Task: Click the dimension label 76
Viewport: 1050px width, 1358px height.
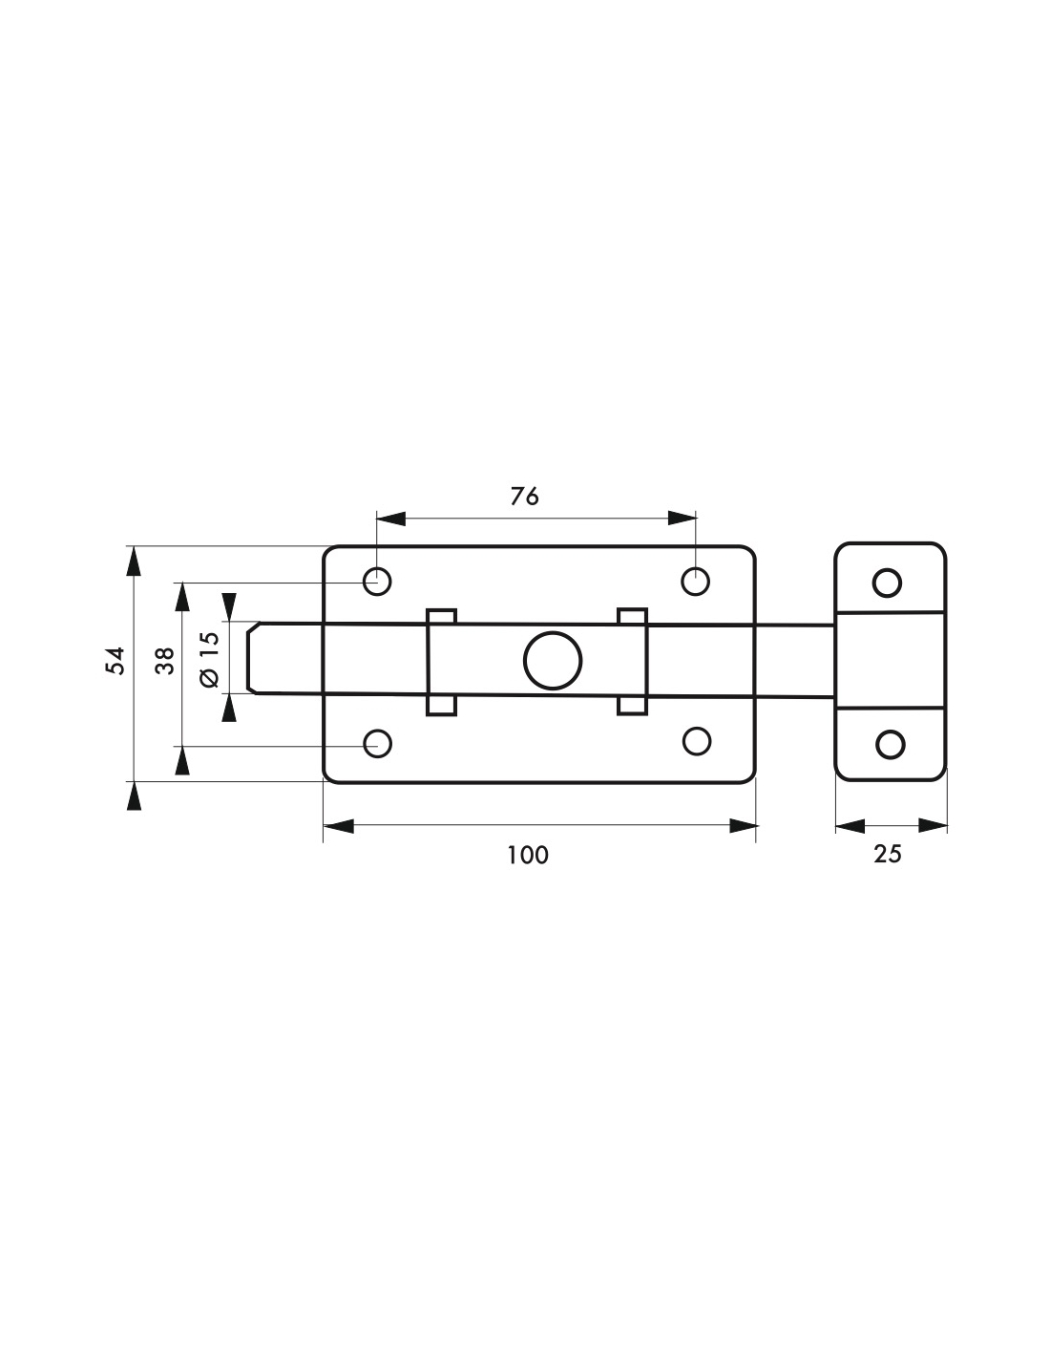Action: click(x=524, y=497)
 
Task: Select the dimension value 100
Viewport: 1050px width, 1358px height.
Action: click(x=528, y=855)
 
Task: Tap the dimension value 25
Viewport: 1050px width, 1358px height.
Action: click(x=888, y=854)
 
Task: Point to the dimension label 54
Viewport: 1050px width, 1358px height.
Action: click(x=115, y=661)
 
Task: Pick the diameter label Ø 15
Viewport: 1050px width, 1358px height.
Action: click(x=210, y=660)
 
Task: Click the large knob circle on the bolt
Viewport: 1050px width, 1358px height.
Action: click(x=552, y=661)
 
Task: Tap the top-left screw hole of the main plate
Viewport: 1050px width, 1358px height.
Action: click(x=377, y=582)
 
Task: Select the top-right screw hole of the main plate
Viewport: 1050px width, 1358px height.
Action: click(x=695, y=582)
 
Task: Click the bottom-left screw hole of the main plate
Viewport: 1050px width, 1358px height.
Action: click(x=377, y=743)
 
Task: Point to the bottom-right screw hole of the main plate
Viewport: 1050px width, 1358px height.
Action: click(x=697, y=740)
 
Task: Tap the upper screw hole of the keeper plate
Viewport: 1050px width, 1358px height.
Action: click(x=887, y=584)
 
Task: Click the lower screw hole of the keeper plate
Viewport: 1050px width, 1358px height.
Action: click(x=890, y=744)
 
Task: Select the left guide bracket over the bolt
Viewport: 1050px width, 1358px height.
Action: click(x=441, y=662)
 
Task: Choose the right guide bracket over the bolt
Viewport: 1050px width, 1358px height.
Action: click(x=632, y=661)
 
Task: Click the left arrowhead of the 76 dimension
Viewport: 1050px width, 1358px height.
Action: click(x=390, y=519)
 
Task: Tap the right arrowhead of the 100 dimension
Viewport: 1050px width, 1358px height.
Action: click(x=744, y=825)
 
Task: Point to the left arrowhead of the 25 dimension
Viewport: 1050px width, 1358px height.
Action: click(x=850, y=825)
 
